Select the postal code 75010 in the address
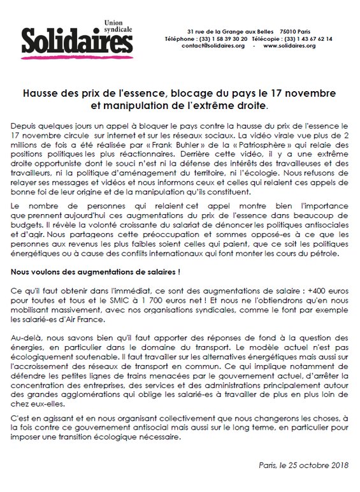point(291,31)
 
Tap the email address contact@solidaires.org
point(212,46)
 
